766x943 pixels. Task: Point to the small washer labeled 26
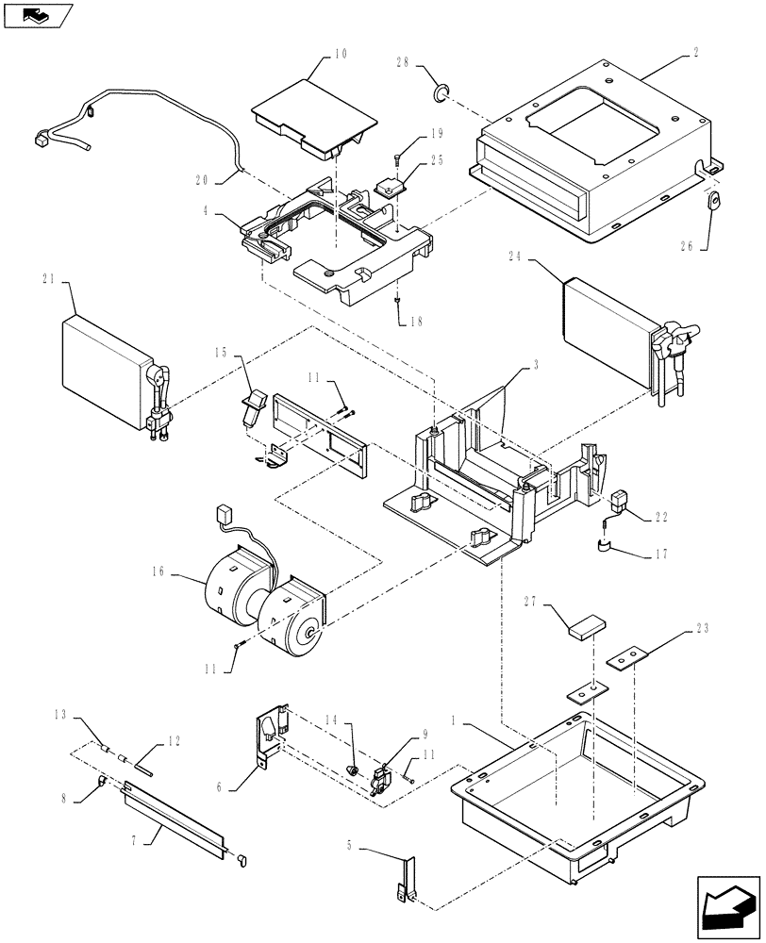pos(713,201)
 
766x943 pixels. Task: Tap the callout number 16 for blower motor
pos(156,571)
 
